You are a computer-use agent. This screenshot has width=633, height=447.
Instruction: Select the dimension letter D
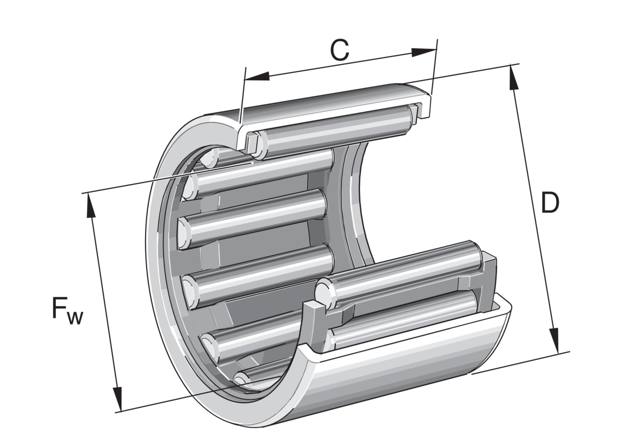[x=550, y=203]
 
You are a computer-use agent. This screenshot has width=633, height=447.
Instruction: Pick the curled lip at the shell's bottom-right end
[x=504, y=309]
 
